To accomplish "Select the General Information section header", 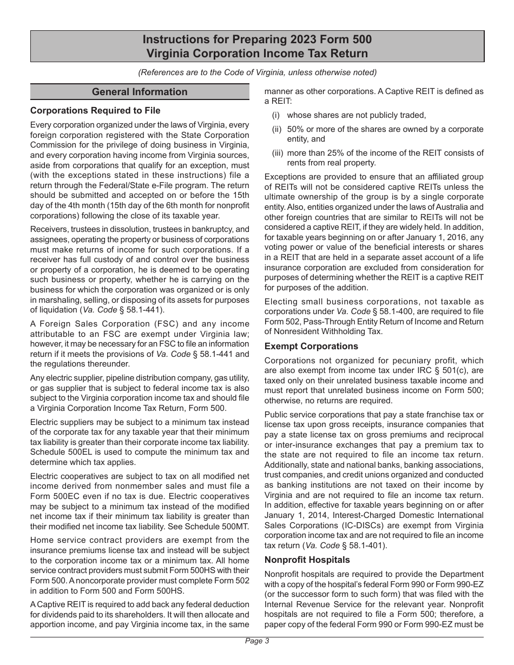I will [x=140, y=92].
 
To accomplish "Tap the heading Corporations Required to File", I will [x=95, y=111].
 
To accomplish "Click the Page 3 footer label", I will [x=257, y=641].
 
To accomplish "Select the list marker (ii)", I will [x=278, y=129].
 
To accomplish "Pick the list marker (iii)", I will [x=278, y=153].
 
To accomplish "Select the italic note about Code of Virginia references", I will [x=257, y=72].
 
